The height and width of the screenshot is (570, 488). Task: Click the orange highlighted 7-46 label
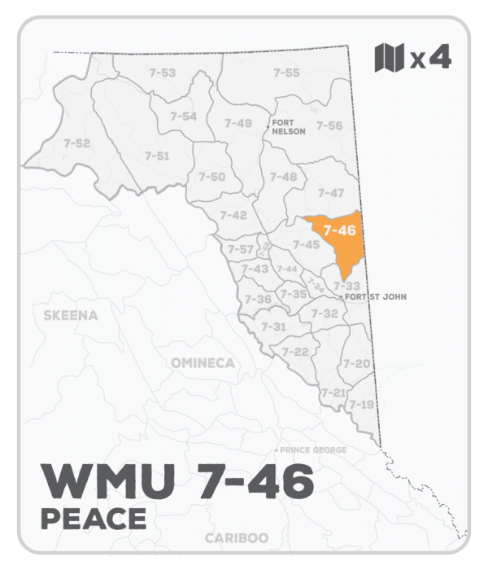[339, 230]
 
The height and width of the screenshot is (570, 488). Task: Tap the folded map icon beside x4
[390, 58]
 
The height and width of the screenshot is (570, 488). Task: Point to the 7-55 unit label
[286, 73]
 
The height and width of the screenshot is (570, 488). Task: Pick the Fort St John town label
[375, 296]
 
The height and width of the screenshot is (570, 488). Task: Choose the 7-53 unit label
[163, 73]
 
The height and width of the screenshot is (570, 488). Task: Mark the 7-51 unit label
[157, 156]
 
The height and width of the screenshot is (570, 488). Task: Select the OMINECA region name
[203, 362]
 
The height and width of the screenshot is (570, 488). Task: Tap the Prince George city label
[313, 449]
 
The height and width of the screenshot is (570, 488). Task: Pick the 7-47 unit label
[331, 193]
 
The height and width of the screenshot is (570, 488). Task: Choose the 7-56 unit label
[329, 125]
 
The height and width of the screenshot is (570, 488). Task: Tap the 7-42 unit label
[233, 215]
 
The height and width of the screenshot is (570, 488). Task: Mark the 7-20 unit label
[357, 363]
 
